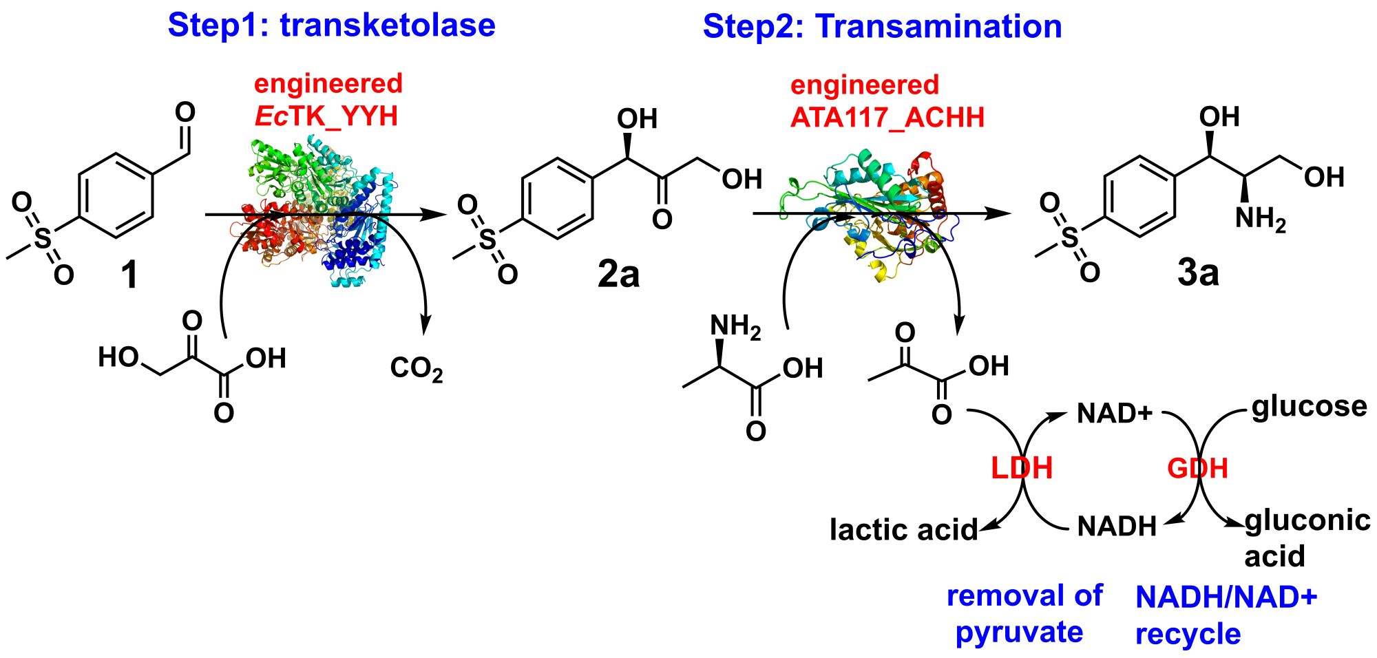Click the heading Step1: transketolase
[x=331, y=25]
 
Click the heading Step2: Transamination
[x=882, y=27]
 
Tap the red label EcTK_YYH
[x=326, y=116]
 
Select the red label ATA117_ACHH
[x=887, y=118]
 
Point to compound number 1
[x=129, y=275]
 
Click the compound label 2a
[x=618, y=274]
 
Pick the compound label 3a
[x=1198, y=273]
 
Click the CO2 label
[x=416, y=368]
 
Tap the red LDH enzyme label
[x=1021, y=469]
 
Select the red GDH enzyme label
[x=1197, y=469]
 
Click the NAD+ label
[x=1115, y=414]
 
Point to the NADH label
[x=1117, y=527]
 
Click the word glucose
[x=1309, y=407]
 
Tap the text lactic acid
[x=903, y=530]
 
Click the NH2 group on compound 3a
[x=1259, y=219]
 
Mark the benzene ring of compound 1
[x=116, y=195]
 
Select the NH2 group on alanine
[x=735, y=327]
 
